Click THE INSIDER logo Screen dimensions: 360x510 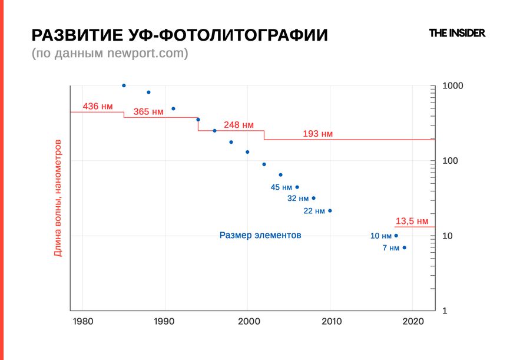pyautogui.click(x=457, y=34)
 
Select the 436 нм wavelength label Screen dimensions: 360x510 pyautogui.click(x=97, y=107)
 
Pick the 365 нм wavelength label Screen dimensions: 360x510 pyautogui.click(x=148, y=112)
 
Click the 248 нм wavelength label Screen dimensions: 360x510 pyautogui.click(x=239, y=125)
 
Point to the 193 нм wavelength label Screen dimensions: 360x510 pyautogui.click(x=317, y=134)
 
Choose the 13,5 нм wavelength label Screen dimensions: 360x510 pyautogui.click(x=412, y=221)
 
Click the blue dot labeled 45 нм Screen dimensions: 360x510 pyautogui.click(x=297, y=187)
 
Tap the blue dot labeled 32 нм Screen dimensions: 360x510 pyautogui.click(x=313, y=199)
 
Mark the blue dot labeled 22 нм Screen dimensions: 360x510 pyautogui.click(x=330, y=211)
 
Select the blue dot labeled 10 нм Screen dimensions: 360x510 pyautogui.click(x=396, y=236)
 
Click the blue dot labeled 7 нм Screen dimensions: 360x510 pyautogui.click(x=404, y=248)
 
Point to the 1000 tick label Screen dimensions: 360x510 pyautogui.click(x=453, y=86)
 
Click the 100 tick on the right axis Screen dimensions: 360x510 pyautogui.click(x=451, y=161)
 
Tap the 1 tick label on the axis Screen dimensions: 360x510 pyautogui.click(x=445, y=311)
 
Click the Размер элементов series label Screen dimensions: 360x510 pyautogui.click(x=260, y=235)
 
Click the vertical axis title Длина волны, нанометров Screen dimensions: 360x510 pyautogui.click(x=58, y=198)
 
